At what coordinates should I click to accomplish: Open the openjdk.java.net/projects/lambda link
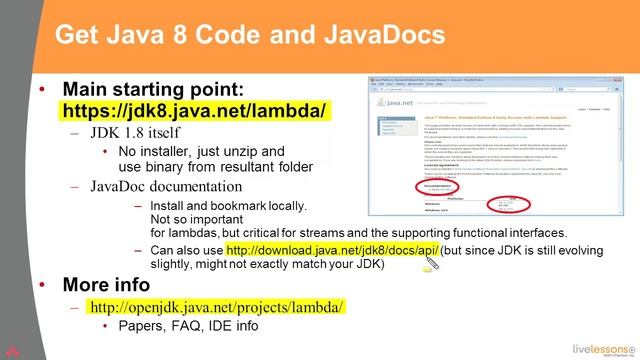[216, 306]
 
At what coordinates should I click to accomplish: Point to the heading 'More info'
[116, 283]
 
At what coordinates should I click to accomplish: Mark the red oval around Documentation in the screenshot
[394, 187]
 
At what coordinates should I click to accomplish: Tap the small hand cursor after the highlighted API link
[431, 264]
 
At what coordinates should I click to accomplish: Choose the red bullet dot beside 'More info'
[41, 284]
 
